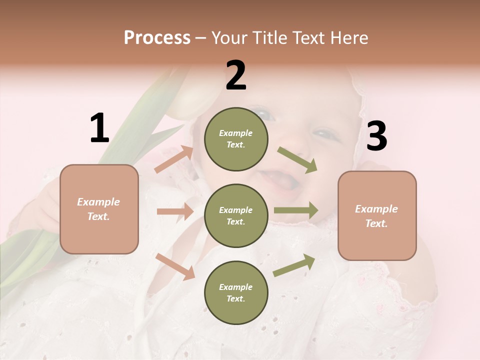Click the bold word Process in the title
coord(157,37)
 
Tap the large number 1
coord(99,128)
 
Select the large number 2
coord(236,76)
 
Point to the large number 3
coord(376,137)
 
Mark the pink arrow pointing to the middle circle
coord(175,211)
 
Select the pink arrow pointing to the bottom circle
coord(175,266)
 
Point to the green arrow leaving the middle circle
coord(296,210)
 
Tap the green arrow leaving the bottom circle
coord(294,265)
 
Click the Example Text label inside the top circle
coord(236,139)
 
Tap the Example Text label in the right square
coord(376,216)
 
